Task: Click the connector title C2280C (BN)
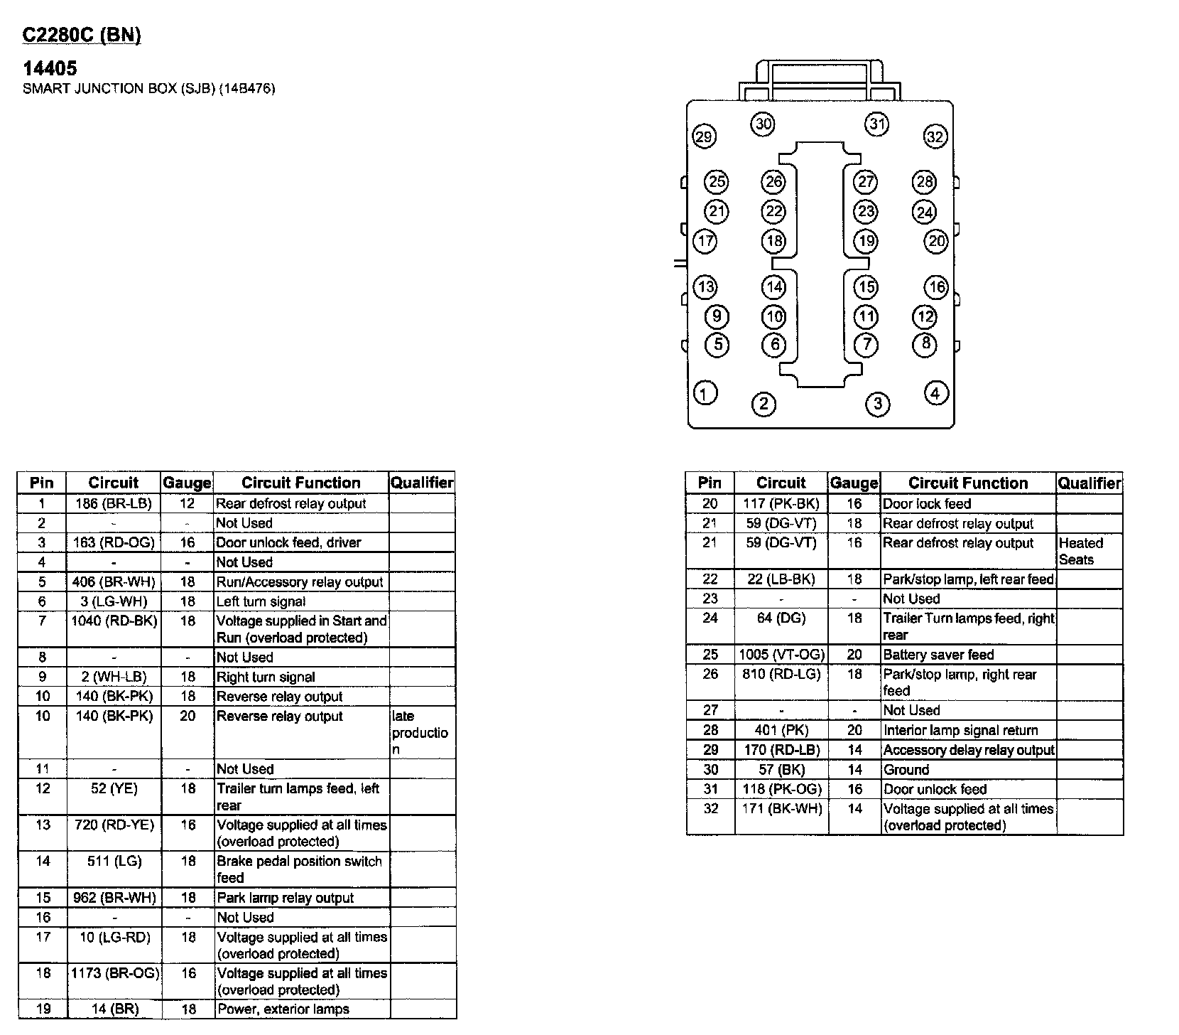[82, 36]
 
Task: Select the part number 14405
[50, 68]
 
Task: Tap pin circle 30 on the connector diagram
[763, 124]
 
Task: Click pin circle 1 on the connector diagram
[705, 393]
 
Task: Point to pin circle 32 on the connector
[935, 136]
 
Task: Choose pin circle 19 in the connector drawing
[866, 241]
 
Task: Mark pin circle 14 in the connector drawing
[773, 287]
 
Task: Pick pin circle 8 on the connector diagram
[925, 344]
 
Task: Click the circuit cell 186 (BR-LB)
[114, 504]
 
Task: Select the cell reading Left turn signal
[261, 601]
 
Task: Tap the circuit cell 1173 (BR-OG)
[114, 973]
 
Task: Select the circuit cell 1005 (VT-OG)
[781, 655]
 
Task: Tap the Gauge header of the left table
[188, 483]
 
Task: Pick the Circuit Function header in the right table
[967, 483]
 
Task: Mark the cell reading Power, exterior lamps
[283, 1009]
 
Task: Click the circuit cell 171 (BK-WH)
[781, 809]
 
